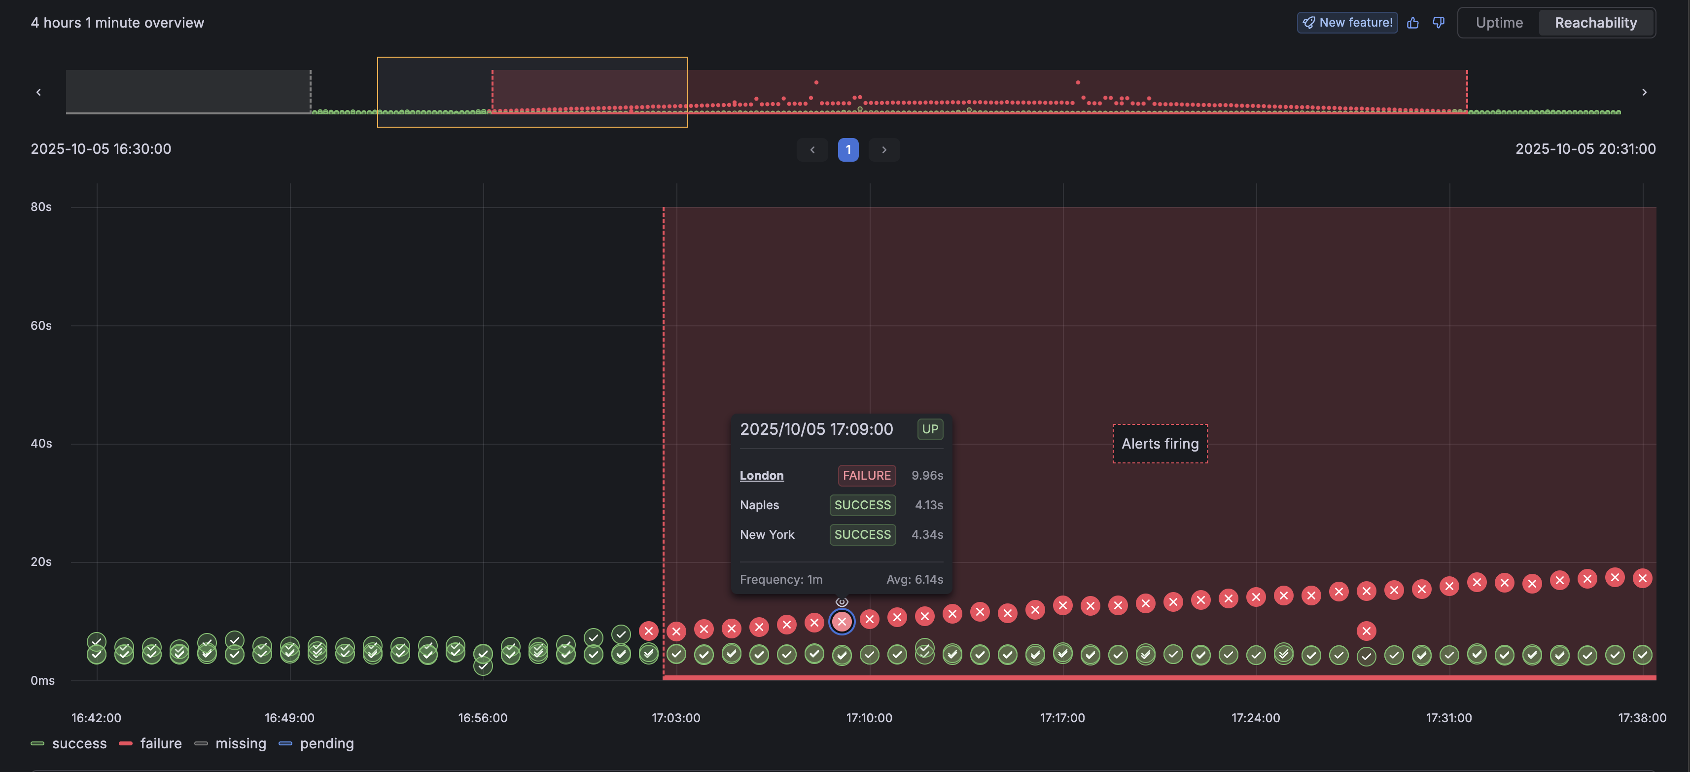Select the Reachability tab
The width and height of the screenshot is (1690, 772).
[x=1595, y=23]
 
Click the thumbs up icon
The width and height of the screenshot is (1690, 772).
[x=1412, y=23]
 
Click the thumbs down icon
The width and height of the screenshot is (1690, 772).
[x=1438, y=23]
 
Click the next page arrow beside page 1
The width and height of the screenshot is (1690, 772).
[x=884, y=149]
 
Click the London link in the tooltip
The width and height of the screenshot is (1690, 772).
[x=761, y=476]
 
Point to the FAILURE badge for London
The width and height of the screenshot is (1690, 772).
[x=866, y=476]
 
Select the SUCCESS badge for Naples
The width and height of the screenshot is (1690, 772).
[x=862, y=505]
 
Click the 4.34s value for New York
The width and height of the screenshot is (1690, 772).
[x=926, y=534]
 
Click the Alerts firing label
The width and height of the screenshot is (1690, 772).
[x=1159, y=444]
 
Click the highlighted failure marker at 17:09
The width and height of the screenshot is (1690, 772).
[x=842, y=621]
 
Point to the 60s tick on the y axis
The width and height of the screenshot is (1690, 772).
[x=41, y=325]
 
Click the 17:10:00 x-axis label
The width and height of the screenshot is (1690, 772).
[x=869, y=718]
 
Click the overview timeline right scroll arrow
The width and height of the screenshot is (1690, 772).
[x=1644, y=92]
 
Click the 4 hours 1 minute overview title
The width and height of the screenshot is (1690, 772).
[x=117, y=22]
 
